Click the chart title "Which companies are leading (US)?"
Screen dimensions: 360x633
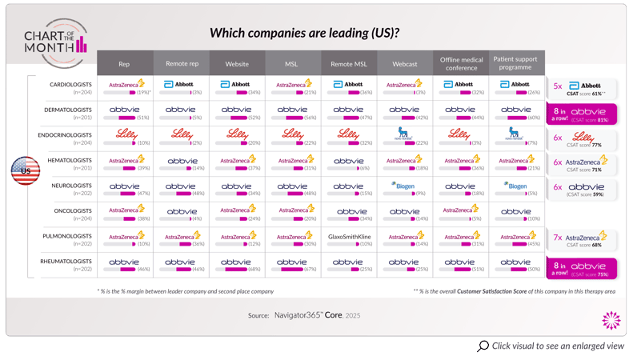[304, 34]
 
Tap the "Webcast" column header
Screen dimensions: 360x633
[404, 64]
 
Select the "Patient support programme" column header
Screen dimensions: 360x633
[515, 63]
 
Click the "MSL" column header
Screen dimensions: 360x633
[291, 64]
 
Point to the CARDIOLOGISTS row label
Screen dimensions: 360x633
[70, 84]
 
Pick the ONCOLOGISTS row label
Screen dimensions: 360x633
[72, 211]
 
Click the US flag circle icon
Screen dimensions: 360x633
[25, 170]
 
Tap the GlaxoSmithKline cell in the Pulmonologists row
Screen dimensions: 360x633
[349, 237]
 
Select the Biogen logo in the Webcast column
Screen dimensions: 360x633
[404, 186]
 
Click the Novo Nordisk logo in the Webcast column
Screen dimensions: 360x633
[404, 133]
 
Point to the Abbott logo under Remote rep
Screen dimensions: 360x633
[179, 84]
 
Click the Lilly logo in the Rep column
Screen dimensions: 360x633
[126, 134]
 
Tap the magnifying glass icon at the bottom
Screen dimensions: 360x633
[483, 346]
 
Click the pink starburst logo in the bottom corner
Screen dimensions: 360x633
[611, 321]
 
